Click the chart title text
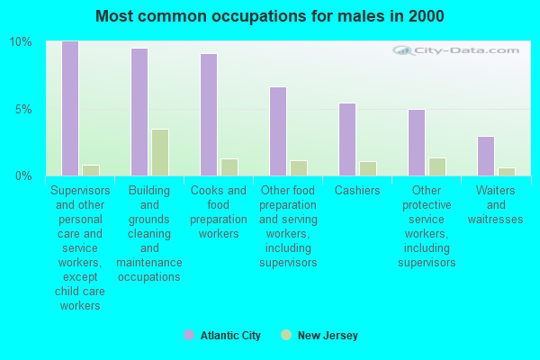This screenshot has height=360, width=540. (x=269, y=16)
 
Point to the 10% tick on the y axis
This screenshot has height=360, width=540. (x=21, y=42)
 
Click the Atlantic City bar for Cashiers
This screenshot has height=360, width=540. (x=347, y=139)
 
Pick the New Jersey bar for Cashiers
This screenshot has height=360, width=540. (x=367, y=168)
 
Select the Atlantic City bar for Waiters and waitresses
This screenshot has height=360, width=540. (x=486, y=156)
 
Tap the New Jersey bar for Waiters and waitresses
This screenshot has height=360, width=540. (x=506, y=171)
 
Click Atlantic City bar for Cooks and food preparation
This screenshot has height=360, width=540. (x=209, y=114)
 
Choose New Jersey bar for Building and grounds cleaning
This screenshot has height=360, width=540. (x=159, y=152)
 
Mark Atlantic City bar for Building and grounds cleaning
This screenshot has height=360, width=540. (x=139, y=112)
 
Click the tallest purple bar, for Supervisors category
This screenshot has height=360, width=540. (x=70, y=108)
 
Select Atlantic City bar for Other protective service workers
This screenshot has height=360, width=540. (x=417, y=142)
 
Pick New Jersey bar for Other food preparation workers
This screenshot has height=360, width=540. (x=298, y=168)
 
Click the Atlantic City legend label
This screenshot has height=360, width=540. (x=231, y=336)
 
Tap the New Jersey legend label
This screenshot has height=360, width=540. (x=328, y=336)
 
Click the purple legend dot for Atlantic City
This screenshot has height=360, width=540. (x=189, y=335)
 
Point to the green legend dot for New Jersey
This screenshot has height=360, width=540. (x=286, y=335)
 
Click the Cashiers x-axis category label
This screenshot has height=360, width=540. (x=357, y=191)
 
